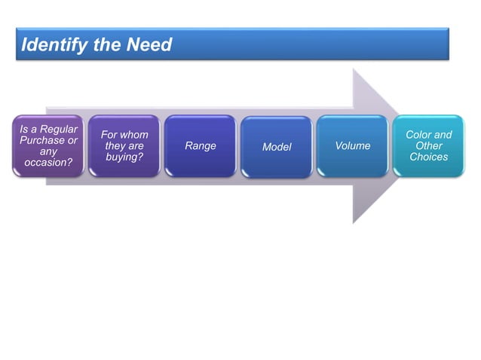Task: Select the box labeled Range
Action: (201, 146)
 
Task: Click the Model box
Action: (277, 147)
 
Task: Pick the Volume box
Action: (353, 146)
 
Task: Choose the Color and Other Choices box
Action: (428, 146)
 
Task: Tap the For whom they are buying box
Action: (124, 146)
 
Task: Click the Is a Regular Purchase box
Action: (48, 146)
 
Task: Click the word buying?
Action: (124, 157)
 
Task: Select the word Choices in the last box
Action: (429, 157)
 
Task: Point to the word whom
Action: (135, 135)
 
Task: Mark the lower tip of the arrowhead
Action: (354, 222)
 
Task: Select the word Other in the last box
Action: (429, 146)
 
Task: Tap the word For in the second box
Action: (110, 135)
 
